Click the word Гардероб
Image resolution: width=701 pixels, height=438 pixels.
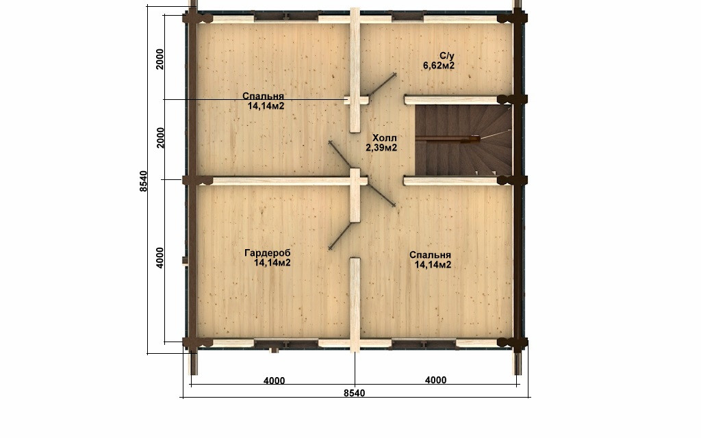(x=268, y=253)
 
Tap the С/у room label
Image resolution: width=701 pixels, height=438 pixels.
(x=446, y=56)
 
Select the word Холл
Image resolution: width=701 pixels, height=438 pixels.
(x=385, y=138)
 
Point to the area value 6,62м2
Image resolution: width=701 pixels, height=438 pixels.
(x=439, y=66)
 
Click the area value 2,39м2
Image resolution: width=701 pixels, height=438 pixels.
(x=381, y=148)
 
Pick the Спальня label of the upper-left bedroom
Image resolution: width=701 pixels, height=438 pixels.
(x=264, y=96)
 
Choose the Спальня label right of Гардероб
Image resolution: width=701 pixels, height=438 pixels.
(x=430, y=255)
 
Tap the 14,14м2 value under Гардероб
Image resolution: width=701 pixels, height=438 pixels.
(x=272, y=263)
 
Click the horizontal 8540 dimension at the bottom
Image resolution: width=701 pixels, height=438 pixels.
(x=354, y=393)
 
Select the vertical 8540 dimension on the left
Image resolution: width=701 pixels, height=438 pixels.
(x=144, y=181)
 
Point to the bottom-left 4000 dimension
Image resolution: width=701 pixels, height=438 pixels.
(x=274, y=381)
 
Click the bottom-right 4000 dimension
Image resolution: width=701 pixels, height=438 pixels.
(x=435, y=380)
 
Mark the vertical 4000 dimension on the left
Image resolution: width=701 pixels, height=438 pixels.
(x=160, y=258)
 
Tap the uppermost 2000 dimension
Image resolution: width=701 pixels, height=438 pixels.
(x=160, y=59)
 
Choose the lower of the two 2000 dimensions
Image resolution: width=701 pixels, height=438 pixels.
(x=160, y=138)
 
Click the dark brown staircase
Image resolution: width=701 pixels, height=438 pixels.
(x=463, y=140)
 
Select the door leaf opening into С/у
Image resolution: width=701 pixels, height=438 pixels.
(x=382, y=85)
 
